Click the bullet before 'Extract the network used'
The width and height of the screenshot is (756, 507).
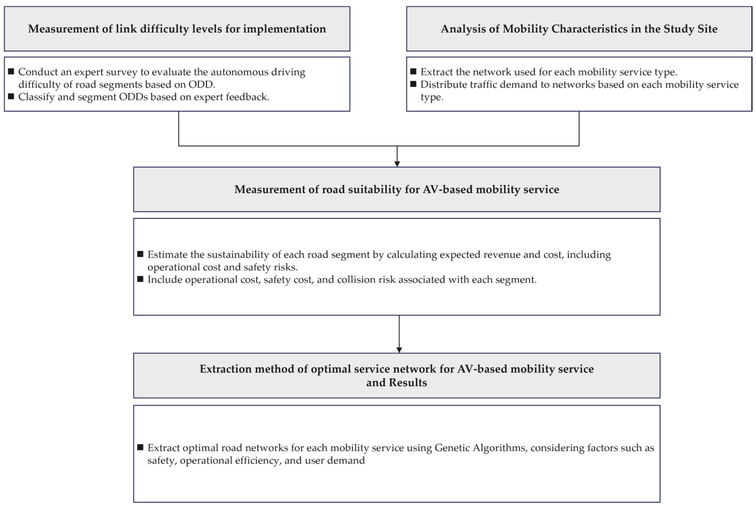pyautogui.click(x=413, y=71)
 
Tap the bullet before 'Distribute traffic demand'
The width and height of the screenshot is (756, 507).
pyautogui.click(x=413, y=84)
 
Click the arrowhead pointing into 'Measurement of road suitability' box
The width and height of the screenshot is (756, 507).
pyautogui.click(x=397, y=164)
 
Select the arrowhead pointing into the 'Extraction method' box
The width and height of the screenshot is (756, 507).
pyautogui.click(x=399, y=350)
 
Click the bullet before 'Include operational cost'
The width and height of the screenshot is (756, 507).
pyautogui.click(x=140, y=279)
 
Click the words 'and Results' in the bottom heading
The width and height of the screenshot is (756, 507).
pyautogui.click(x=396, y=383)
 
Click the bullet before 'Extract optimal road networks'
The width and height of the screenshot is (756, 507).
pyautogui.click(x=140, y=447)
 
